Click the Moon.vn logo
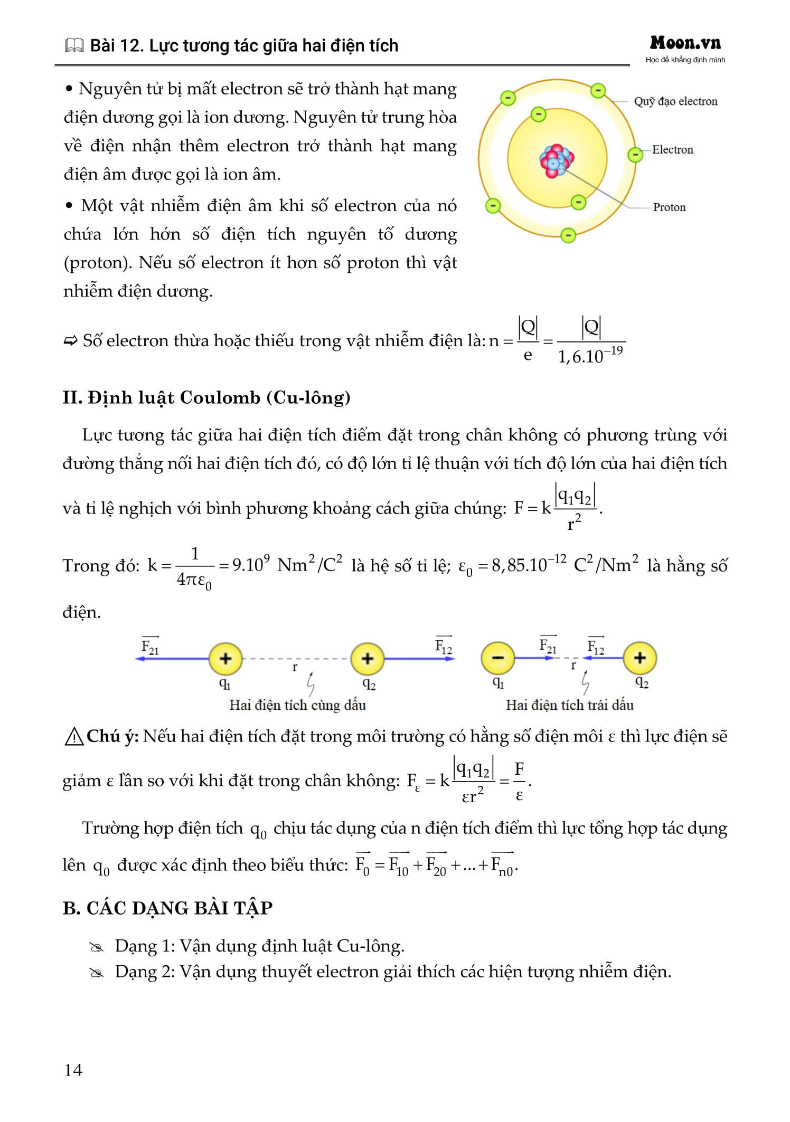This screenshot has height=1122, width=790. [x=685, y=43]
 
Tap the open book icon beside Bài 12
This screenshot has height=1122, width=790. [x=74, y=46]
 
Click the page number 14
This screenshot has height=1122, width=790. [x=73, y=1070]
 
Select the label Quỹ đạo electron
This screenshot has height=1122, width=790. [x=675, y=101]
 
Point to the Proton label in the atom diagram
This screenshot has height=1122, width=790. [x=669, y=207]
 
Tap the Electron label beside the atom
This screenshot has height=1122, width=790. [x=672, y=150]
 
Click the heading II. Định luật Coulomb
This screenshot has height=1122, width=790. [x=206, y=397]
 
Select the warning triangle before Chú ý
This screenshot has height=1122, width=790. [x=74, y=737]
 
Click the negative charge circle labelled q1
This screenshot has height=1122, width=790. [x=497, y=658]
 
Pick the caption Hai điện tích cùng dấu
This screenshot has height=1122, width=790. [x=297, y=705]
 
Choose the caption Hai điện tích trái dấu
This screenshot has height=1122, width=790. [x=569, y=705]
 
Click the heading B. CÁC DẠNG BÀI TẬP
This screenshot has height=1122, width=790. [x=167, y=908]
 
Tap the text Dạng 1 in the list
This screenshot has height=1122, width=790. [x=144, y=946]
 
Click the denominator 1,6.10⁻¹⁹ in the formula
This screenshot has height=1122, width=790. [x=590, y=355]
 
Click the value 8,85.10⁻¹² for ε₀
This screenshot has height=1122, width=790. [x=529, y=565]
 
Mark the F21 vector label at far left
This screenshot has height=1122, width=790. [x=150, y=646]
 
